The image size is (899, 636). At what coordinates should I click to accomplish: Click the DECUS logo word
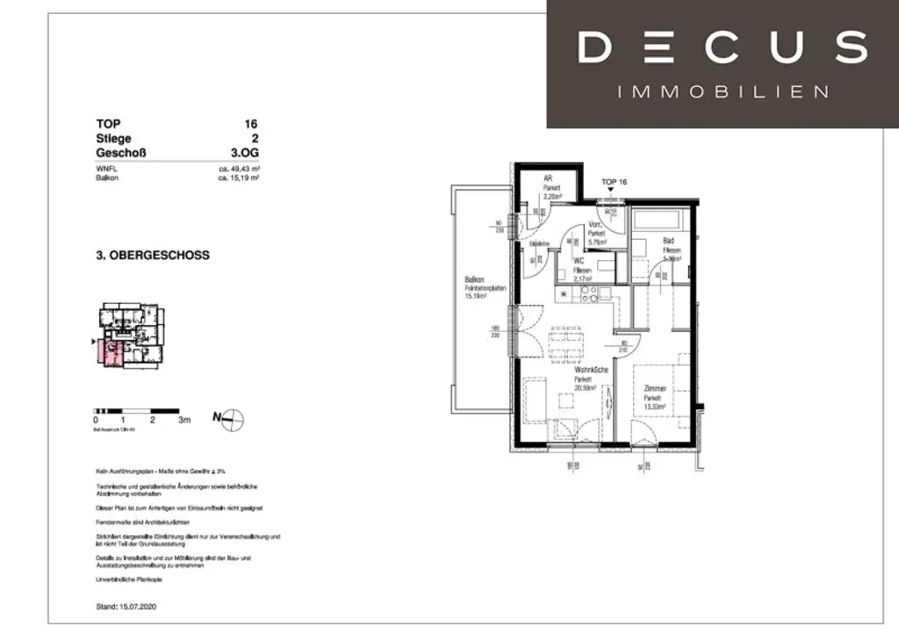coord(722,47)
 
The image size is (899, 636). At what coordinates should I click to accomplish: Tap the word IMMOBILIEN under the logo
coord(723,91)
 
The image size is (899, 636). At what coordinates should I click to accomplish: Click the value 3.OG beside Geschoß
coord(243,152)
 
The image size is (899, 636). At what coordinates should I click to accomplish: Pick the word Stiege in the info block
coord(114,138)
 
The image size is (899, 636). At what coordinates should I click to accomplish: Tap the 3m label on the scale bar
coord(184,421)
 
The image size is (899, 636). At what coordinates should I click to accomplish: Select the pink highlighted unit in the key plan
coord(112,355)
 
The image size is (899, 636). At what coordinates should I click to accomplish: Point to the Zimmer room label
coord(654,388)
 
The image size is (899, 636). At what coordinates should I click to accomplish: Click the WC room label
coord(579,261)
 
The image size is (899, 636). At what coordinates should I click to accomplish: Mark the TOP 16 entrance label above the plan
coord(614,182)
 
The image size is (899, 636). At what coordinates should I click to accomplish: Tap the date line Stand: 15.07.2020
coord(130,606)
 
